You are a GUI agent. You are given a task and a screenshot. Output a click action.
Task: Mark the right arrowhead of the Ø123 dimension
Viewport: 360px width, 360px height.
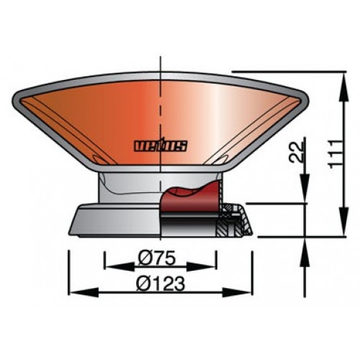(x=248, y=291)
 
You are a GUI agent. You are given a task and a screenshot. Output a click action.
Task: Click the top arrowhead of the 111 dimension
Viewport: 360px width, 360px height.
(x=340, y=75)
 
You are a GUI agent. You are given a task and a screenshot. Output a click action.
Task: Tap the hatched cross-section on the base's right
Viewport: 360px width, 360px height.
(x=235, y=220)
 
